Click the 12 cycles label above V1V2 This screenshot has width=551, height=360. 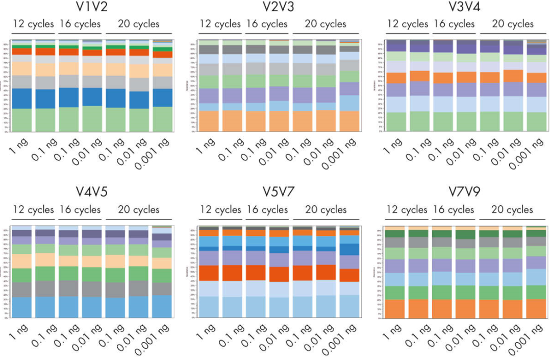click(33, 24)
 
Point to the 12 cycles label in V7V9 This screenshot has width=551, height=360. click(407, 210)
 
